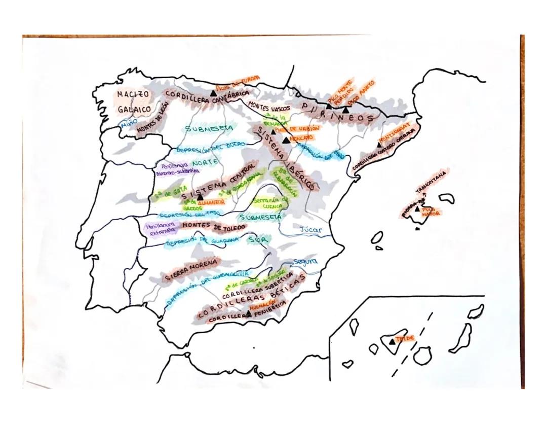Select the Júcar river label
pyautogui.click(x=311, y=230)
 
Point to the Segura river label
pyautogui.click(x=305, y=262)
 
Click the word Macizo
pyautogui.click(x=133, y=94)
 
